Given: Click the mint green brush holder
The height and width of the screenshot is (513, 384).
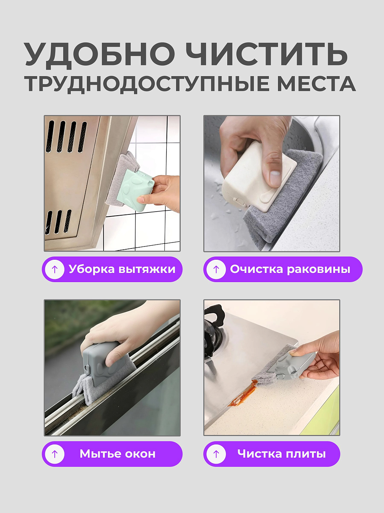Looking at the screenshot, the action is coord(136,190).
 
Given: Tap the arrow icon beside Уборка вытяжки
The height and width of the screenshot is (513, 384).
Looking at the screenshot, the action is coord(54,269).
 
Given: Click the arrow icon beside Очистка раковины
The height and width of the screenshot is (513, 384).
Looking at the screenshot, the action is coord(216,269).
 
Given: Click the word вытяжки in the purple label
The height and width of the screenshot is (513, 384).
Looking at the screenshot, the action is coord(147,269).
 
